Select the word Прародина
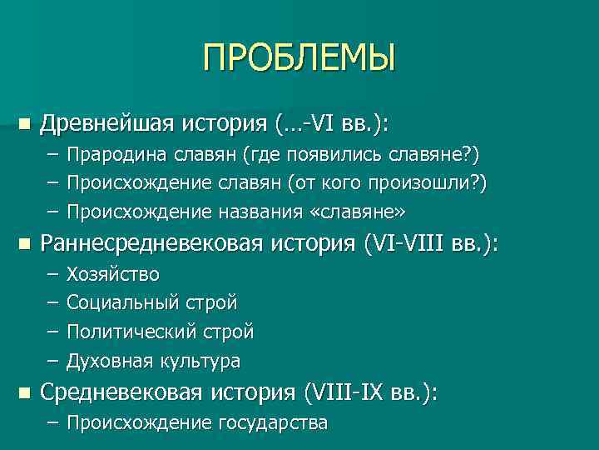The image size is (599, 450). [x=111, y=155]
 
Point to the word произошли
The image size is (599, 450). [x=430, y=183]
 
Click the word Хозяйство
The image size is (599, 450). [x=113, y=274]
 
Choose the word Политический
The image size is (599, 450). [x=129, y=332]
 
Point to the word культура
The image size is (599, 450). [x=199, y=361]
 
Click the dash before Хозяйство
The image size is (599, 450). [x=53, y=274]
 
